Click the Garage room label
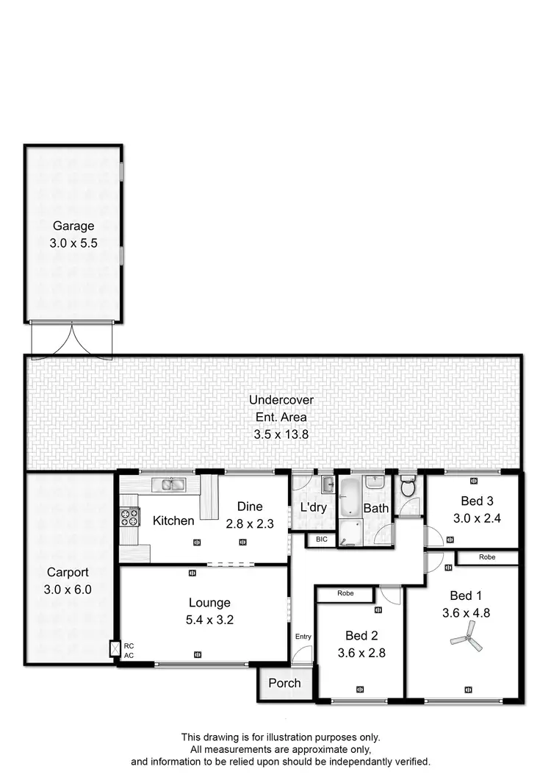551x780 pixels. pyautogui.click(x=73, y=226)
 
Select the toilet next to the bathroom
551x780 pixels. pyautogui.click(x=408, y=487)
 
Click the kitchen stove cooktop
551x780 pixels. pyautogui.click(x=129, y=517)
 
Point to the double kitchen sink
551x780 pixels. pyautogui.click(x=170, y=484)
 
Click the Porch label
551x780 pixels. pyautogui.click(x=284, y=683)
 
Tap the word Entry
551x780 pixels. pyautogui.click(x=303, y=637)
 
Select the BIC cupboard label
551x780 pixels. pyautogui.click(x=321, y=540)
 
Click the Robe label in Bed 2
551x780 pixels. pyautogui.click(x=345, y=593)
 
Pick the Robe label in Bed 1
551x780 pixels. pyautogui.click(x=487, y=557)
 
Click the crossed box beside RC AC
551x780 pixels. pyautogui.click(x=114, y=649)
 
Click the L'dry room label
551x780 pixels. pyautogui.click(x=314, y=507)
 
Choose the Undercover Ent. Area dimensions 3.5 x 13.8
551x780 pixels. pyautogui.click(x=281, y=434)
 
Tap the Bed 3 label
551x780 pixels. pyautogui.click(x=477, y=501)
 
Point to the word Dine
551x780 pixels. pyautogui.click(x=249, y=507)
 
